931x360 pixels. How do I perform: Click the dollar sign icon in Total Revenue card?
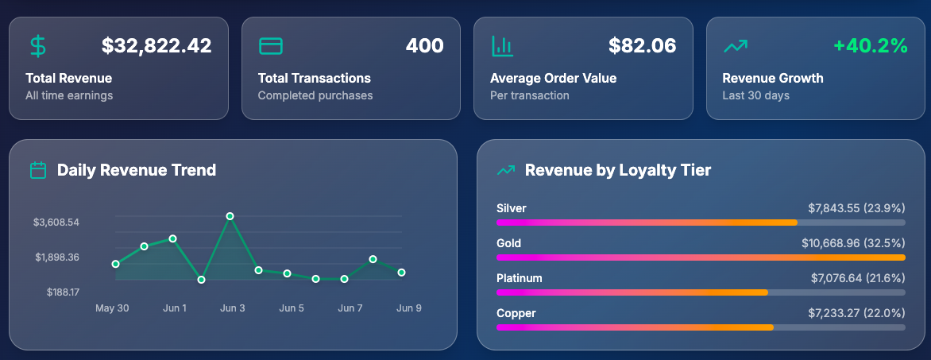click(x=37, y=46)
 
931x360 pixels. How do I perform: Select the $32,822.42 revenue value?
click(x=156, y=46)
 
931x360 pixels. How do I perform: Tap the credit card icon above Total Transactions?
click(x=271, y=46)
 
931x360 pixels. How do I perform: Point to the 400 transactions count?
click(x=424, y=46)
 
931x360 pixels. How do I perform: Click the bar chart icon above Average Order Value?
click(x=502, y=46)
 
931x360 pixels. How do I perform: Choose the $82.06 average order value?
click(x=642, y=46)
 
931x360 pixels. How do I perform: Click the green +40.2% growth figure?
click(x=870, y=46)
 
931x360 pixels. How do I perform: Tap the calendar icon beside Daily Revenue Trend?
click(x=37, y=170)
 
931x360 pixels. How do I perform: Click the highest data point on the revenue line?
click(x=230, y=216)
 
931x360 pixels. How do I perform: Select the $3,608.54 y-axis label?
click(x=56, y=223)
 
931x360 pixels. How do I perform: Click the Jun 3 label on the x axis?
click(x=233, y=308)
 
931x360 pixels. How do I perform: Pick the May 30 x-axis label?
click(x=112, y=308)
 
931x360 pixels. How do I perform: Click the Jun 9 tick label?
click(x=408, y=308)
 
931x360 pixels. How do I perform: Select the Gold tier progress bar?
click(x=700, y=257)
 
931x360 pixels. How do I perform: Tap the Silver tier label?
click(x=512, y=208)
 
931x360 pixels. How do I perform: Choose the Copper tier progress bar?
click(x=700, y=327)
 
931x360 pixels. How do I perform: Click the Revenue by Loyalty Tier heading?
click(x=617, y=170)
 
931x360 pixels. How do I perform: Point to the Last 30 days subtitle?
click(x=755, y=95)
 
